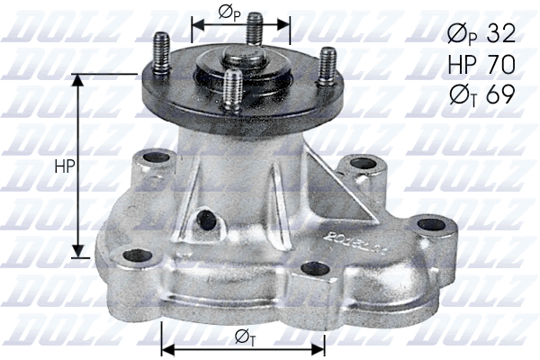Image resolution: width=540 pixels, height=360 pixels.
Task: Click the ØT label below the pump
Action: (243, 337)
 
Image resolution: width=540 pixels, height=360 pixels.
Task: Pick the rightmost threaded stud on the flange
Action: (328, 65)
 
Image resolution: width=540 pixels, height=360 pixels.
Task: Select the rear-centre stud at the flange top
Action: (255, 29)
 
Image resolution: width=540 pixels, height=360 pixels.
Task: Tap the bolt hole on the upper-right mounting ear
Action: (362, 164)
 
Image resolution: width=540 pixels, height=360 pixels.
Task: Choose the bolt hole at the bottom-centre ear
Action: (313, 268)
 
